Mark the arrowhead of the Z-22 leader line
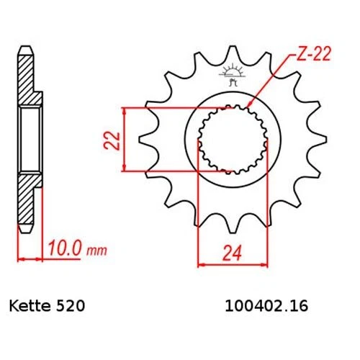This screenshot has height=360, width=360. coord(247,108)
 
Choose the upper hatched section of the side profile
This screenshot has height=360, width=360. coord(27,79)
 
